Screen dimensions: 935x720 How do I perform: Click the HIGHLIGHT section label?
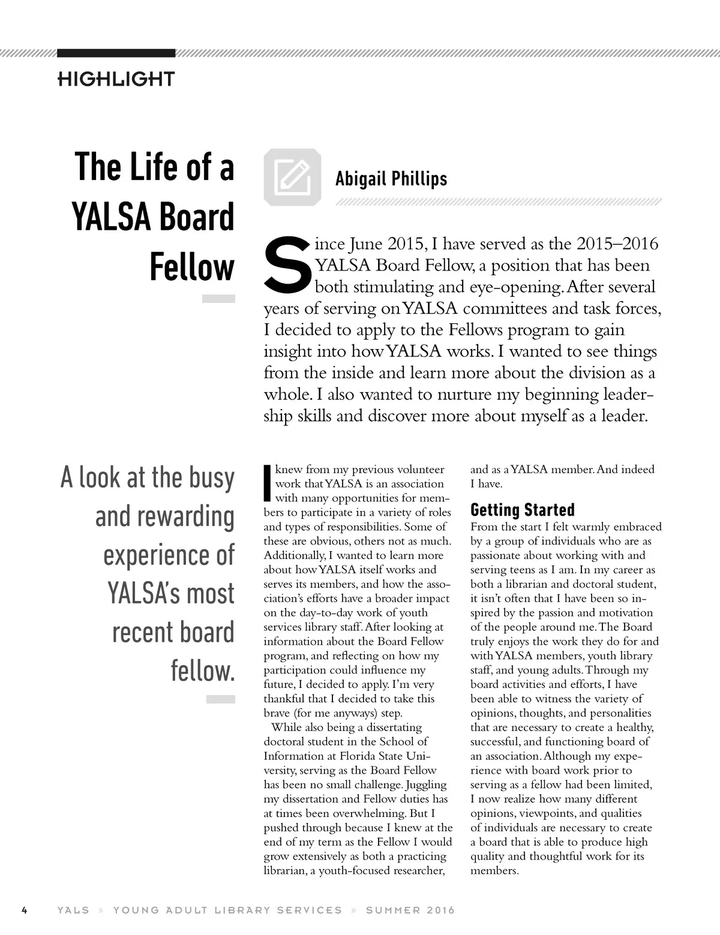116,79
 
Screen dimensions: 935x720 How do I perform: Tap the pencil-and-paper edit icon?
292,177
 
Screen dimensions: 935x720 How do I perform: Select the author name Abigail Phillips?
391,179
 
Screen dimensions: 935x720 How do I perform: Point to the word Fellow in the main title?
191,267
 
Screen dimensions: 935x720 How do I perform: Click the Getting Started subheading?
522,510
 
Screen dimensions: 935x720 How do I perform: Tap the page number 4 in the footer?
25,910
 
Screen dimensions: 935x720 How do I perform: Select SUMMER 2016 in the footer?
410,910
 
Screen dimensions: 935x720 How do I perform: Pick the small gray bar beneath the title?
218,299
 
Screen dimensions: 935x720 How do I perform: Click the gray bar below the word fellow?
220,699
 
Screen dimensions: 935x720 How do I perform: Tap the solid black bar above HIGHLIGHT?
116,53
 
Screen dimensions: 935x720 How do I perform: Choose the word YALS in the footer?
73,910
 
